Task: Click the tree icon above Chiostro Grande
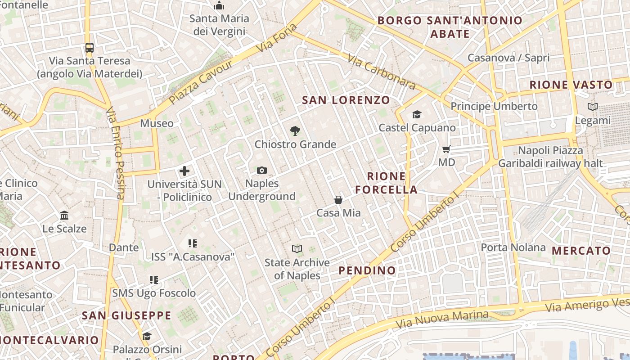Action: coord(295,131)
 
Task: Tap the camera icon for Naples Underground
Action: coord(262,170)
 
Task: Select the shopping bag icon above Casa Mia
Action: coord(338,200)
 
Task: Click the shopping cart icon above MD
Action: coord(446,149)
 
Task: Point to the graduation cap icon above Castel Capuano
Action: coord(417,115)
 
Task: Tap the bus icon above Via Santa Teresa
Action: coord(90,47)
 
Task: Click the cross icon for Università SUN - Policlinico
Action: coord(184,171)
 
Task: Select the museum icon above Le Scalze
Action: coord(64,216)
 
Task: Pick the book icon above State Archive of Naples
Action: coord(297,249)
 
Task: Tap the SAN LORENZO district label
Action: coord(346,100)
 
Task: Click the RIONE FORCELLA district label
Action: coord(387,183)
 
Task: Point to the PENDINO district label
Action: coord(367,270)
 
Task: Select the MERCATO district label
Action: coord(581,251)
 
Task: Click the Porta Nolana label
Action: coord(513,247)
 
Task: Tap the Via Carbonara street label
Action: coord(381,72)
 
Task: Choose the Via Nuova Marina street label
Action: coord(441,319)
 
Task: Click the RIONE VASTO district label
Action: coord(571,85)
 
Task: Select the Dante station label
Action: coord(124,247)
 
